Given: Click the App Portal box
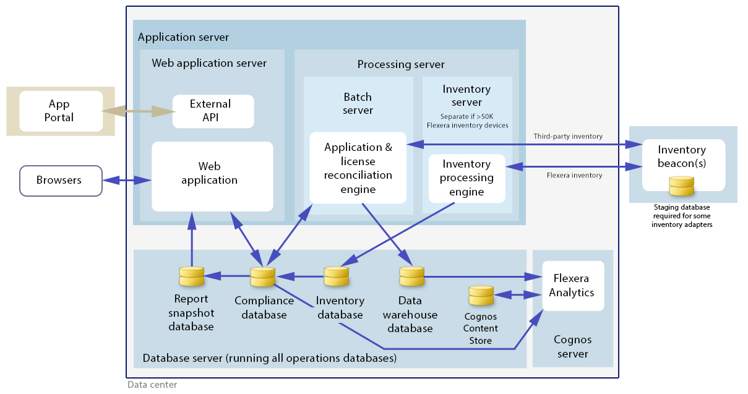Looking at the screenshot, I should point(61,111).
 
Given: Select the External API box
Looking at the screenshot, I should point(213,111).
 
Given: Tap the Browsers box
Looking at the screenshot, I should point(61,181).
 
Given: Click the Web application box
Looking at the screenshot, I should point(212,176).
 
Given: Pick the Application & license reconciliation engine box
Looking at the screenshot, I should point(358,168).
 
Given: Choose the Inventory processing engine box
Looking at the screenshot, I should point(466,178).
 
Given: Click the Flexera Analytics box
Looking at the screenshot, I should point(572,286).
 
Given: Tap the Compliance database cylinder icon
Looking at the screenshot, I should point(262,276).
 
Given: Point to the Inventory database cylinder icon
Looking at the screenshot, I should point(337,276).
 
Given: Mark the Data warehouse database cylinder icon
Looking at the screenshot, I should point(411,276).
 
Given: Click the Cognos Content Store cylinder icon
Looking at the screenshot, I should point(481,296).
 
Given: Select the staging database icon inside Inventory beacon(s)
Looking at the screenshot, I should point(682,185).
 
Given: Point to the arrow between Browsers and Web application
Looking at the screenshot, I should point(127,181).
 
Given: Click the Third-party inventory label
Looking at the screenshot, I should point(568,136).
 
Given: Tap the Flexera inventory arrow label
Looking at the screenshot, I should point(574,175).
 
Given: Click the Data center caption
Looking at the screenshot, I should point(152,385).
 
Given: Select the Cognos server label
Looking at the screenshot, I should point(572,346).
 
